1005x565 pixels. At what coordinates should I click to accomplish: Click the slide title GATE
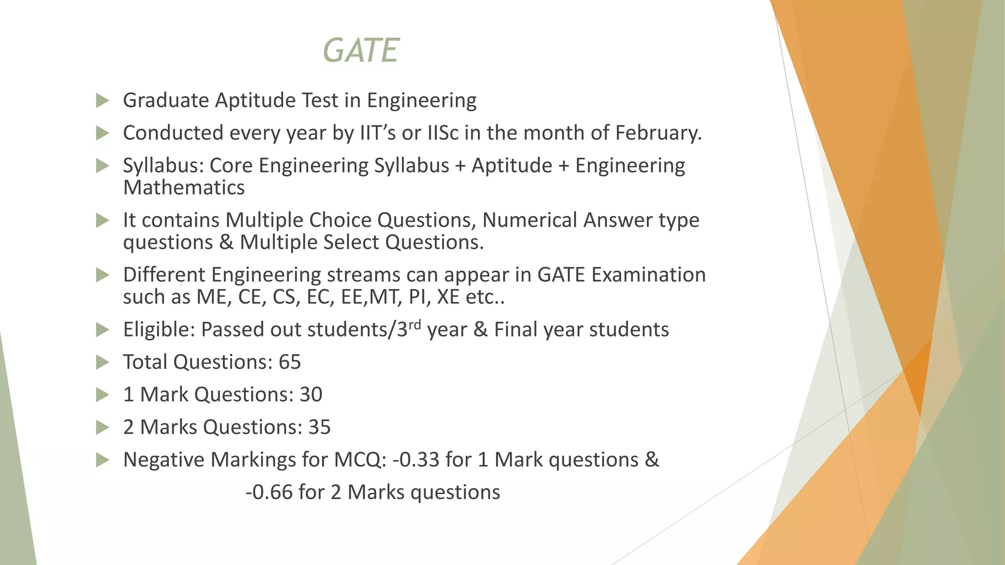[x=361, y=51]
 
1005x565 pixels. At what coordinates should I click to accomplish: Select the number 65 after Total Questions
[x=290, y=362]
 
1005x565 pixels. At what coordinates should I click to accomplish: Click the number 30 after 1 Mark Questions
[x=311, y=394]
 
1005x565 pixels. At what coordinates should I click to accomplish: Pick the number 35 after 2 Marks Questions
[x=319, y=427]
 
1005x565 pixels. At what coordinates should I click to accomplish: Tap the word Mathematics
[x=184, y=188]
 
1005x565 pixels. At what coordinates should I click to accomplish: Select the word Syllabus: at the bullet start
[x=163, y=166]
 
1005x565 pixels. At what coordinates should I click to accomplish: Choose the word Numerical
[x=529, y=220]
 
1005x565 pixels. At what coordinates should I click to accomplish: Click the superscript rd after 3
[x=415, y=324]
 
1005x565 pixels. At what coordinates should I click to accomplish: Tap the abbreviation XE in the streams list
[x=448, y=297]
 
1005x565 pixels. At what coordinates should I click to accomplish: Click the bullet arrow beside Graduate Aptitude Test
[x=102, y=101]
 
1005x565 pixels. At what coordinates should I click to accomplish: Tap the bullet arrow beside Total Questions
[x=102, y=362]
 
